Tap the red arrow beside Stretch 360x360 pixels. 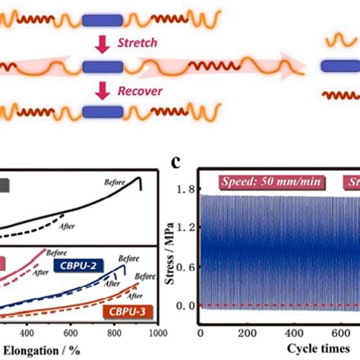coord(105,42)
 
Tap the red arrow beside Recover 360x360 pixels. coord(105,92)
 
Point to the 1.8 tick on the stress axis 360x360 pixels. coord(183,189)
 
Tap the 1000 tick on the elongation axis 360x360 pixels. coord(157,333)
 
